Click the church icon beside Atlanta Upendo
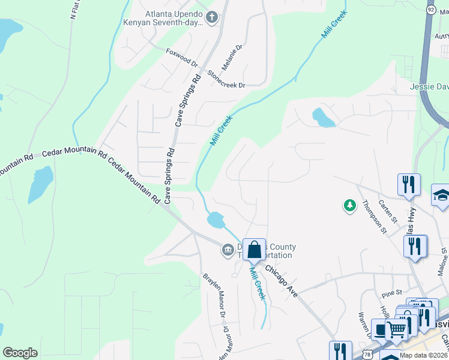click(x=211, y=18)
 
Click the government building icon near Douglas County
click(x=228, y=250)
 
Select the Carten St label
click(x=388, y=212)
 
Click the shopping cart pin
click(x=396, y=329)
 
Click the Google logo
click(x=20, y=353)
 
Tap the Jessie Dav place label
click(x=429, y=86)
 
